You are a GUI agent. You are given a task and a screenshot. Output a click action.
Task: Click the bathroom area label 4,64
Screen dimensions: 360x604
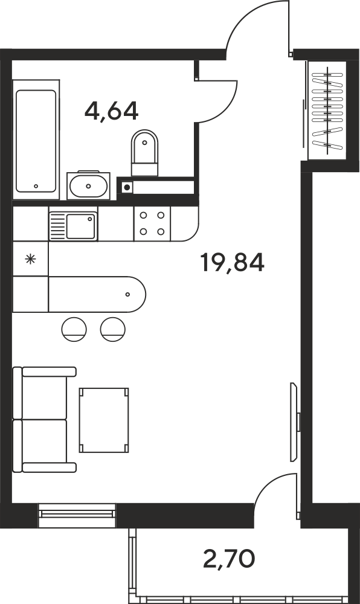coord(111,111)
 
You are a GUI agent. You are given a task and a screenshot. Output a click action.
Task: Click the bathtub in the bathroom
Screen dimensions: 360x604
coord(36,140)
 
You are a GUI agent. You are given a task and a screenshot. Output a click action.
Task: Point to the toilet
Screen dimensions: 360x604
coord(145,153)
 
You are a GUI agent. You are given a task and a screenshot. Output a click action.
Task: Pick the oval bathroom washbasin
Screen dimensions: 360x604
coord(89,185)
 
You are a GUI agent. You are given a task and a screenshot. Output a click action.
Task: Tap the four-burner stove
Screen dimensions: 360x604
coord(152,223)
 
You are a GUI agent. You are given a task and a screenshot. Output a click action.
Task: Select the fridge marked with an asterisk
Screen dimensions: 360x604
coord(30,259)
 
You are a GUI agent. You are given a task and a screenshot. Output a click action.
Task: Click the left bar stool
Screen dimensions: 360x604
coord(74,329)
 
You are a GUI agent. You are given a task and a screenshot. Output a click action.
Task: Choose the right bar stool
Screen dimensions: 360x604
coord(113,329)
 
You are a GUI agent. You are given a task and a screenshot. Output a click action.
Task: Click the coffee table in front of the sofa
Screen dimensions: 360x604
coord(103,420)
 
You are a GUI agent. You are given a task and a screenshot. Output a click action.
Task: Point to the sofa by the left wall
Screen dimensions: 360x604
coord(44,420)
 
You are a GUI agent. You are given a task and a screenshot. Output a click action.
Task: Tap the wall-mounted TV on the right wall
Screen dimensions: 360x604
coord(295,422)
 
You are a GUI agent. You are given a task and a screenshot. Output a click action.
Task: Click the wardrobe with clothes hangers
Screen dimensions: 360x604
coord(327,111)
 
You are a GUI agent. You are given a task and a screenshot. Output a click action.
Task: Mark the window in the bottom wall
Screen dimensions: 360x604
coord(77,515)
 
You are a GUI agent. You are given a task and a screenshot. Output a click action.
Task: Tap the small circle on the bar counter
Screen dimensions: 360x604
coord(128,295)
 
